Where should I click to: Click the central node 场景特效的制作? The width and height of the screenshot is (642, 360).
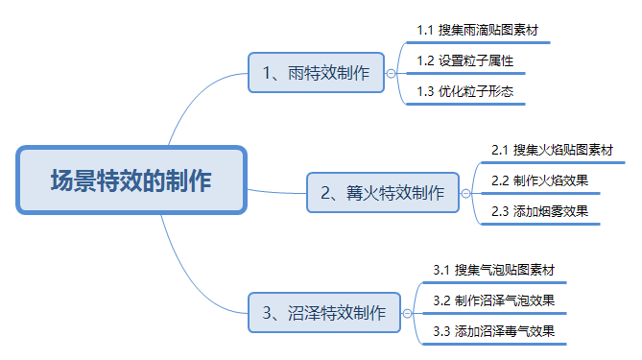[x=131, y=180]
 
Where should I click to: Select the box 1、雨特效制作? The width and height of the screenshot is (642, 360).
[x=316, y=73]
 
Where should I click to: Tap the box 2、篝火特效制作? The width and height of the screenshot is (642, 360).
[x=383, y=193]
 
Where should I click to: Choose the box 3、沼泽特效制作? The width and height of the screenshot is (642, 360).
[x=324, y=313]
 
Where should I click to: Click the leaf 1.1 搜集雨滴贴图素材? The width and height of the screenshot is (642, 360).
[x=477, y=30]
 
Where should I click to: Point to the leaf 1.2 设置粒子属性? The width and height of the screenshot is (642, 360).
[x=465, y=60]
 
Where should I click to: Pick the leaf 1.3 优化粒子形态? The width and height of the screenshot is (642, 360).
[x=465, y=91]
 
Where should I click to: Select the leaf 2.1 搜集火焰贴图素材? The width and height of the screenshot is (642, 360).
[x=552, y=150]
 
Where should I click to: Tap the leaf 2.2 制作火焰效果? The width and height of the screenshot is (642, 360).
[x=539, y=180]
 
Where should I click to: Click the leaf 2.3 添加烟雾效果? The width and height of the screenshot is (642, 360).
[x=539, y=211]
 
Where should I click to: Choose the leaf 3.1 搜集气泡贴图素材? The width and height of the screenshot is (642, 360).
[x=494, y=270]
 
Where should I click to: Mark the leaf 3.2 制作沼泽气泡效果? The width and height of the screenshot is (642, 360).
[x=494, y=300]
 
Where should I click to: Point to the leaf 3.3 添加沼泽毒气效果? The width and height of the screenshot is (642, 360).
[x=494, y=331]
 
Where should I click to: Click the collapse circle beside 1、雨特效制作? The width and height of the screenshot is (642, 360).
[x=391, y=73]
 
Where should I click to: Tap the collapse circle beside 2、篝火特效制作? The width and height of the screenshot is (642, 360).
[x=465, y=193]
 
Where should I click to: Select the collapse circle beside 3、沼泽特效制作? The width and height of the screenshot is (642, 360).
[x=407, y=313]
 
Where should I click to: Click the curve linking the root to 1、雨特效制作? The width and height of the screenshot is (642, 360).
[x=197, y=95]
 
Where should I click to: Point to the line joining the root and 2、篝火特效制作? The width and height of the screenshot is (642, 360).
[x=276, y=192]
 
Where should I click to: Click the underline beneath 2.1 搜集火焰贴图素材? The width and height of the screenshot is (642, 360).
[x=553, y=162]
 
